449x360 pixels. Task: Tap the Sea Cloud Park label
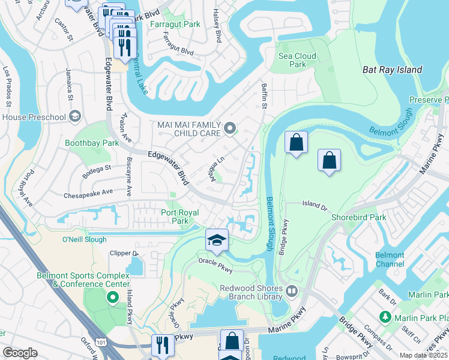293,60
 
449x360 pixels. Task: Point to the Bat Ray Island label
393,70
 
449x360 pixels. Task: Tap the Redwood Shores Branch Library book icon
292,291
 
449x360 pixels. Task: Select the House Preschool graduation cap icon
74,115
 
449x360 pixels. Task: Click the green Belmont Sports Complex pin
112,297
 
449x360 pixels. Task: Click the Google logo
20,353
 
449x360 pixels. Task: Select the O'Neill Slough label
84,239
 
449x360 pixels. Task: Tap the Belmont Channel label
390,259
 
